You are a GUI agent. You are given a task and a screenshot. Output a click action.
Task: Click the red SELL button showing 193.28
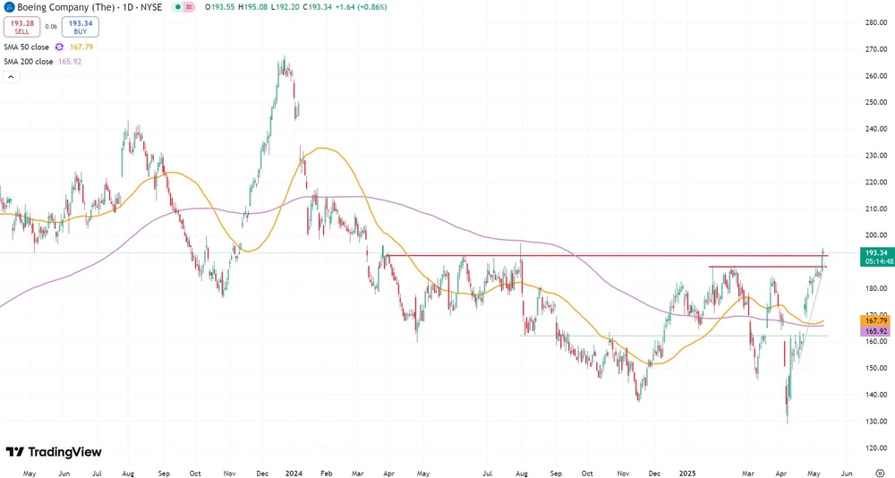(x=21, y=27)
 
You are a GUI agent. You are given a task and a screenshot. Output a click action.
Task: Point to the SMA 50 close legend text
(x=27, y=47)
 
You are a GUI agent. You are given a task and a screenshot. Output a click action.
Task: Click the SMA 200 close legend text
(x=29, y=62)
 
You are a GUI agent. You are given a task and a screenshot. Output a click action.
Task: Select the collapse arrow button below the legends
(x=11, y=77)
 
